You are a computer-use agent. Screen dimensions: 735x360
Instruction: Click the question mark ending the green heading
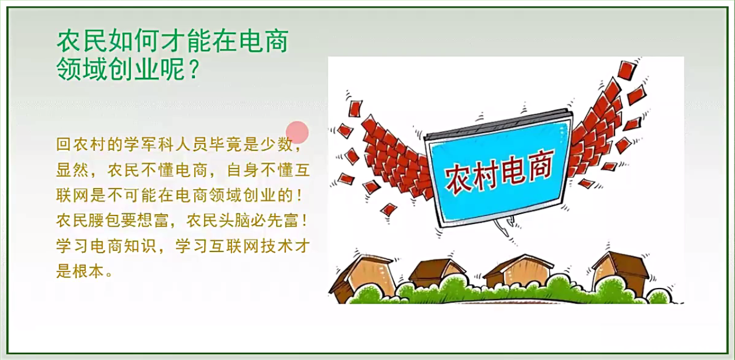click(194, 69)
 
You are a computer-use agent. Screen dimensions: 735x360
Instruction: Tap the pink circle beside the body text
click(297, 132)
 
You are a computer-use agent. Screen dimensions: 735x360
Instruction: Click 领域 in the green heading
click(82, 69)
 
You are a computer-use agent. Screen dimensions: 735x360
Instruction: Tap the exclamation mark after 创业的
click(299, 195)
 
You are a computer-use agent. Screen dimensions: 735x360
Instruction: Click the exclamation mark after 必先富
click(304, 221)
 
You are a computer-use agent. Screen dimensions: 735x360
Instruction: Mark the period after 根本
click(110, 275)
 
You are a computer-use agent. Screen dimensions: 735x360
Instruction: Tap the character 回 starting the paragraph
click(63, 145)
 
